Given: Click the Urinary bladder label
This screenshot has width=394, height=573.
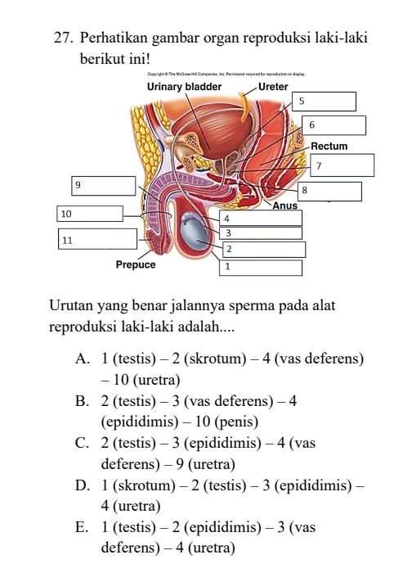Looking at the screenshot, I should (184, 85).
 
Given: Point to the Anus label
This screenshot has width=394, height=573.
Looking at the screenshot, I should (285, 205).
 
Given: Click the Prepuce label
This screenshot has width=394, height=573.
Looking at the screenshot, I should (135, 264).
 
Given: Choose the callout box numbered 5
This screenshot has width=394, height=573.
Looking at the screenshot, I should (325, 101).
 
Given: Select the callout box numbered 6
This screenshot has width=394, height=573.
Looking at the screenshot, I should (334, 125).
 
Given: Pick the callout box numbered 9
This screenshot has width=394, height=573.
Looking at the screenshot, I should (103, 186).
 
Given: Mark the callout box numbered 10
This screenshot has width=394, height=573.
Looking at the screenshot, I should (91, 214).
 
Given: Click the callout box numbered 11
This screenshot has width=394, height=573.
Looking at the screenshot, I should (97, 240).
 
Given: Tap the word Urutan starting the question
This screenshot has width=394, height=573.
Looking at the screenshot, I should (71, 306).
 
